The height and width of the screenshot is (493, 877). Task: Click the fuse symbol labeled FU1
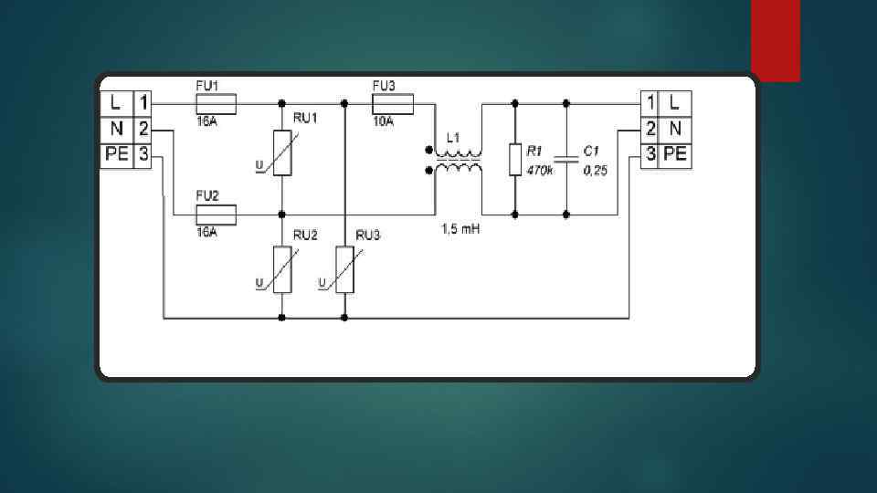217,104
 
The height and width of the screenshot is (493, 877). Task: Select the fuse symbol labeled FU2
217,215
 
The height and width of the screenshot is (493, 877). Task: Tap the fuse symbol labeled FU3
393,104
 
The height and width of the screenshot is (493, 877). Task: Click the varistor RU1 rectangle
282,151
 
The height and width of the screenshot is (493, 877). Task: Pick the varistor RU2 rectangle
282,269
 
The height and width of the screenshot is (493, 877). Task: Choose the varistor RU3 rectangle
344,269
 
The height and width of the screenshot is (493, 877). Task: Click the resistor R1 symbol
515,159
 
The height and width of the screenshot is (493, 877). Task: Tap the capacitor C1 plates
567,159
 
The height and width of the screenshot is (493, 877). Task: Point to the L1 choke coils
458,161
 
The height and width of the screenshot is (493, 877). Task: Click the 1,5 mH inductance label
460,229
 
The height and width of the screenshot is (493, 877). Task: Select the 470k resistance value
540,171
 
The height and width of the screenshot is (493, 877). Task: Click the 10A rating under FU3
384,121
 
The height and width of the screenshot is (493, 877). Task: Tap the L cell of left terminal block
116,101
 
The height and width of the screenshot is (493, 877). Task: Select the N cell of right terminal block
675,128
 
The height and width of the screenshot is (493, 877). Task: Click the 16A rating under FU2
207,232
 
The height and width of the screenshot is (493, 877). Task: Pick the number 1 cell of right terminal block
650,101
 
